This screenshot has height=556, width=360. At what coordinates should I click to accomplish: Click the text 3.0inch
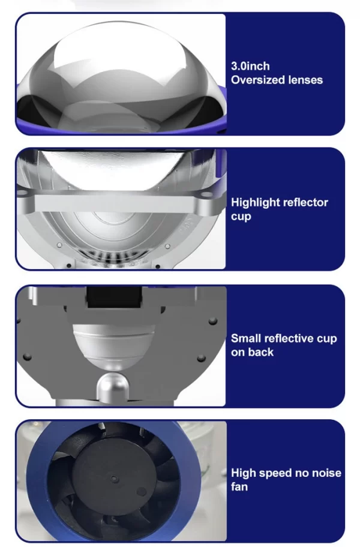[x=250, y=67]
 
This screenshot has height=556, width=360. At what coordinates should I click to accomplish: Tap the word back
[x=262, y=352]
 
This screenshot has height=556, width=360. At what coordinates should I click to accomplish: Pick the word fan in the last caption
[x=239, y=486]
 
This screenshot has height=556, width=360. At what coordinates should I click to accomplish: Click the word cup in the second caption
[x=241, y=217]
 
